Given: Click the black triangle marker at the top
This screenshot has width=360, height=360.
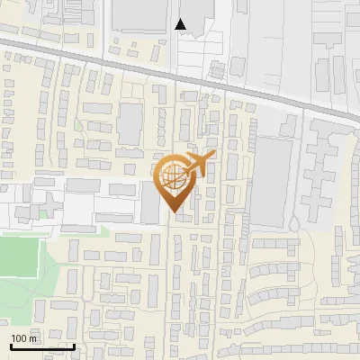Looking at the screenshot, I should [181, 24].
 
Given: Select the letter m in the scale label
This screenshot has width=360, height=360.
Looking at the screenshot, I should [35, 338].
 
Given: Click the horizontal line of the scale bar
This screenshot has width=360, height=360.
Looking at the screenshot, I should [41, 346].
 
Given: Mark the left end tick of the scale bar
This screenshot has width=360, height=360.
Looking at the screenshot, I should [10, 345].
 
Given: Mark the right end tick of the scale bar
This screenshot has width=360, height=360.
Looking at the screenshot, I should [74, 345].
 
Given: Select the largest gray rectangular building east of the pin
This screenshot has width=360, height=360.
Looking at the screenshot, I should [272, 181].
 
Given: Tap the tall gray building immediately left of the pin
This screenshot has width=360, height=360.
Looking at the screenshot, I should [149, 202].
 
